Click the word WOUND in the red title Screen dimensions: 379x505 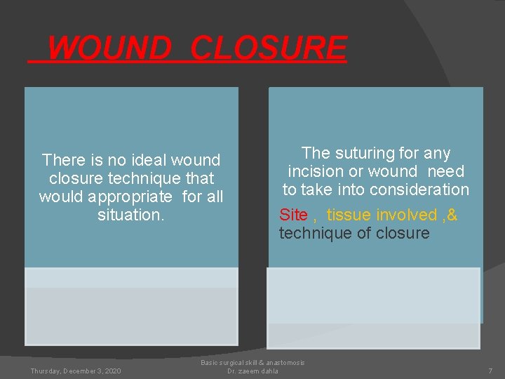pos(109,48)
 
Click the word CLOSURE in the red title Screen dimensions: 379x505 pos(268,48)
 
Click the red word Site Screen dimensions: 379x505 pos(293,215)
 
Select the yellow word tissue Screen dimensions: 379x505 pos(349,215)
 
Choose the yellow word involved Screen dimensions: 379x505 pos(406,215)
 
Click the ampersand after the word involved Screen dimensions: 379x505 pos(452,215)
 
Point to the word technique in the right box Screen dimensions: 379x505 pos(311,234)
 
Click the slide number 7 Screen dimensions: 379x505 pos(490,371)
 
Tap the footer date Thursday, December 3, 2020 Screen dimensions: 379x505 pos(76,371)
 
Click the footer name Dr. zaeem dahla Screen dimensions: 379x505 pos(253,371)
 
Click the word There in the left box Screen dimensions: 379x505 pos(62,161)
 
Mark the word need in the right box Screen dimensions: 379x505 pos(447,172)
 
